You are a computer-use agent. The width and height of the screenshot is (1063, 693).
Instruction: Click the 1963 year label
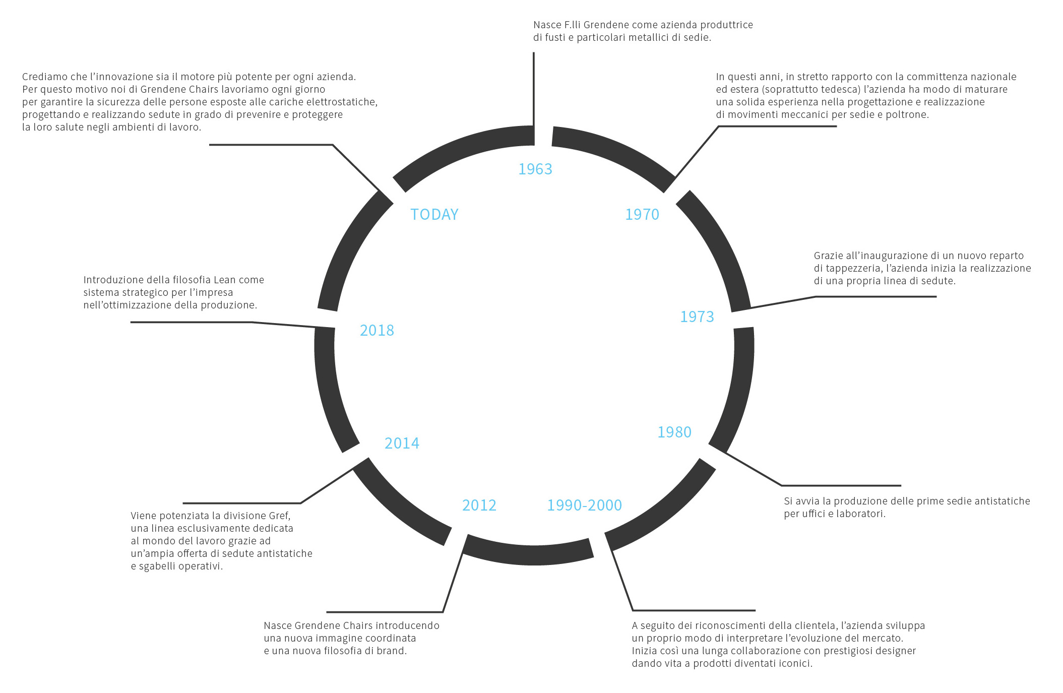[x=535, y=169]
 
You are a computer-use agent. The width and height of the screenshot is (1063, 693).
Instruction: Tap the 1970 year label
[x=642, y=214]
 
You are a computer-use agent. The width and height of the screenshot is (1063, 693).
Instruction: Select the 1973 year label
[x=697, y=317]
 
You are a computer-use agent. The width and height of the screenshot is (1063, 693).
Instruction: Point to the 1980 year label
[x=674, y=432]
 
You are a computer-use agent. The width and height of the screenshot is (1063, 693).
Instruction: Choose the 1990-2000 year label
[x=585, y=505]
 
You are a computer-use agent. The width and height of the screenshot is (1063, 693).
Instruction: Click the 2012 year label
[x=479, y=505]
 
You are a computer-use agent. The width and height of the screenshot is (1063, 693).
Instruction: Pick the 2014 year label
[x=402, y=443]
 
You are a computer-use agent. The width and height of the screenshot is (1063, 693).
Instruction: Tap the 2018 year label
[x=377, y=330]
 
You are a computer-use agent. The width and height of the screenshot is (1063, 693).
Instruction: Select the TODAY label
[x=434, y=214]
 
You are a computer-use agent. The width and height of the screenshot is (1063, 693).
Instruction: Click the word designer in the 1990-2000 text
[x=894, y=651]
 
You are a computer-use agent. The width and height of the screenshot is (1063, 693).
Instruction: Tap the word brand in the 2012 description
[x=392, y=651]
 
